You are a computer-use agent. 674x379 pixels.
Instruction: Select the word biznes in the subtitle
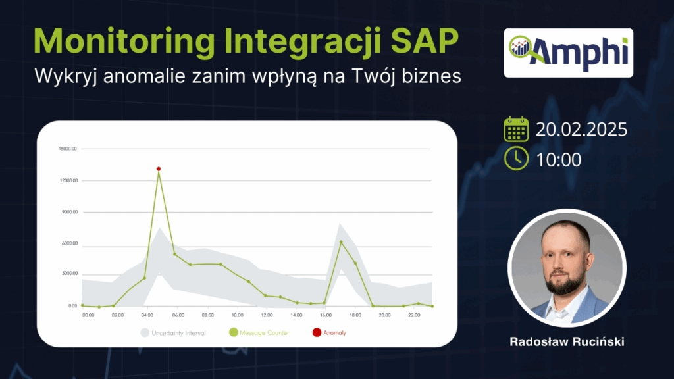coord(432,76)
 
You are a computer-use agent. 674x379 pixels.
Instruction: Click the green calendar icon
coord(516,129)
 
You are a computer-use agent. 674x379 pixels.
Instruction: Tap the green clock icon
coord(516,159)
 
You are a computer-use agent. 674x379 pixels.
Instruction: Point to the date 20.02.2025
coord(581,129)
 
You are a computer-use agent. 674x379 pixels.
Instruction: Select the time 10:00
coord(559,159)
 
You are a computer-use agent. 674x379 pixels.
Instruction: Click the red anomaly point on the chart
coord(159,169)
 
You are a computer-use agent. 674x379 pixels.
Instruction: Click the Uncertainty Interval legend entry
coord(175,333)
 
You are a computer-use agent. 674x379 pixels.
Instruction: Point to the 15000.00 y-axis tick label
coord(68,149)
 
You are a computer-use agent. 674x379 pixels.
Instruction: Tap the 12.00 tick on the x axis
coord(267,315)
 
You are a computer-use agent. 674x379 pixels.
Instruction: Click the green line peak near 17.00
coord(340,241)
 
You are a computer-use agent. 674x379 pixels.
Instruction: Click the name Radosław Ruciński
coord(567,343)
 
